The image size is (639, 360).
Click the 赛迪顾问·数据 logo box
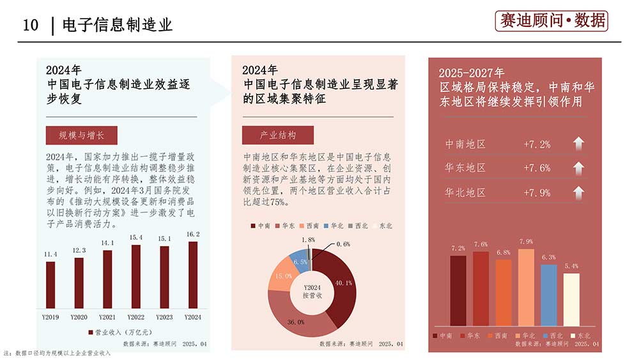tap(551, 21)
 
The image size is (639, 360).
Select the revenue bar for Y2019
tap(50, 285)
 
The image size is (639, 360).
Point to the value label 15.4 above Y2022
tap(135, 237)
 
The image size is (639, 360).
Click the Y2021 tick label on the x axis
tap(107, 317)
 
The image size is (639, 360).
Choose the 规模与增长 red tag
tap(81, 136)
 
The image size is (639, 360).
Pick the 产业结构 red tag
tap(278, 136)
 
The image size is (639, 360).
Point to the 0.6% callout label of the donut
tap(343, 244)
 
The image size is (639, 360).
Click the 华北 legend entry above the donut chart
tap(337, 226)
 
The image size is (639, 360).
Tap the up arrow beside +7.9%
tap(578, 192)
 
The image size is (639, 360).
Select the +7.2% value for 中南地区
tap(537, 144)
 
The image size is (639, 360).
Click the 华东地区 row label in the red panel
tap(465, 168)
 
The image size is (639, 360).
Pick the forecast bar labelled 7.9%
tap(526, 288)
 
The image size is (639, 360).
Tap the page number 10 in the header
tap(31, 25)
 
